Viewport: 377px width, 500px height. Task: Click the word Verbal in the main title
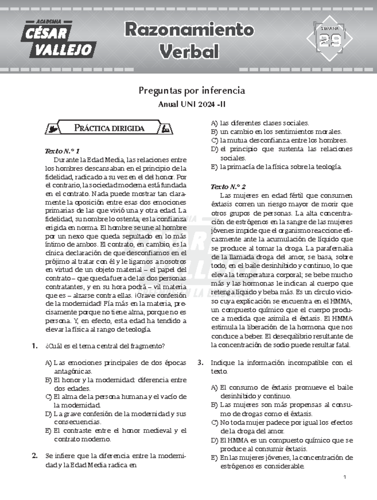(189, 52)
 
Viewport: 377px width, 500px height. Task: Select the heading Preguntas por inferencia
(192, 91)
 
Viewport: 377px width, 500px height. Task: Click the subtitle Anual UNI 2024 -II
(192, 104)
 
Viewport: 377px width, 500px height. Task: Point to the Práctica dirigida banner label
(109, 128)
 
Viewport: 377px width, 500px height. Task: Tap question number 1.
(35, 346)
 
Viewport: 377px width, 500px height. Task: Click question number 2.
(35, 456)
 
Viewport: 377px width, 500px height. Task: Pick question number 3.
(200, 362)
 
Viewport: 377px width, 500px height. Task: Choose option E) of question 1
(116, 435)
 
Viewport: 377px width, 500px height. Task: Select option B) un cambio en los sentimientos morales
(276, 132)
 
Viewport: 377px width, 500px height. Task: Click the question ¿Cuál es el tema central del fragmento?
(105, 346)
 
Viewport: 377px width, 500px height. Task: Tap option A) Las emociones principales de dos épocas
(116, 367)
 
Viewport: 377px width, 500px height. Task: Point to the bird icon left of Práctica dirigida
(52, 128)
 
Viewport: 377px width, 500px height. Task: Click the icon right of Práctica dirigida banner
(166, 128)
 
